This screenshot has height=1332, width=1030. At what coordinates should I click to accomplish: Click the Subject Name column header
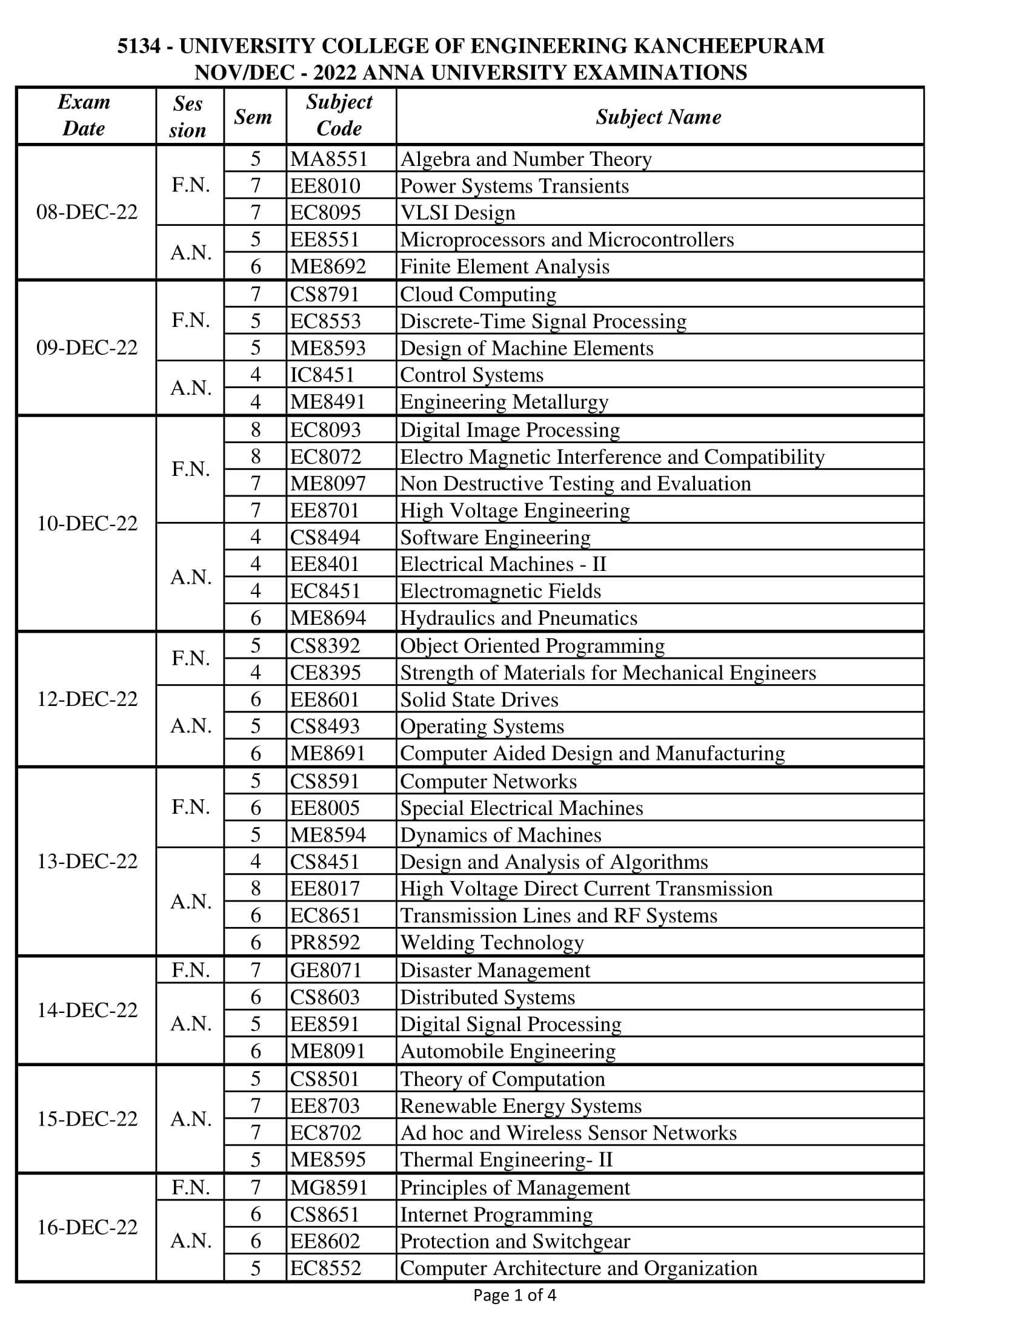tap(659, 116)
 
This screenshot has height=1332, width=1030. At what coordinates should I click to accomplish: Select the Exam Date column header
tap(84, 115)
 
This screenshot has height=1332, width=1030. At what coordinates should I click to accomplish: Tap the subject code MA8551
tap(329, 159)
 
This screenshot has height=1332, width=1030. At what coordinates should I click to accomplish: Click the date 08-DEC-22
tap(87, 213)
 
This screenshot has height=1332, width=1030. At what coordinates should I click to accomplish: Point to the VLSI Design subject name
tap(457, 213)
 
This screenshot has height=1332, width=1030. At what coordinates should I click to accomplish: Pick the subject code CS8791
tap(325, 295)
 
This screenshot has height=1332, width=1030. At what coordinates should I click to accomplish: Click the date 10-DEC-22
tap(87, 523)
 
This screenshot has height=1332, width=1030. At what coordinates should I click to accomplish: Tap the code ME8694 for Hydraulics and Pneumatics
tap(328, 618)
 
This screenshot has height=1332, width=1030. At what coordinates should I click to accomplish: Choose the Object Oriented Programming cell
tap(532, 646)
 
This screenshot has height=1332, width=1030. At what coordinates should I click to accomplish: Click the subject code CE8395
tap(325, 673)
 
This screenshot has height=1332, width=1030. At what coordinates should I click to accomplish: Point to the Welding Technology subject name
tap(492, 942)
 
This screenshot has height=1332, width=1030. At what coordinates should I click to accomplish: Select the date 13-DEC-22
tap(87, 861)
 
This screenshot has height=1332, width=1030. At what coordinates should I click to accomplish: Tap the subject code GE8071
tap(326, 971)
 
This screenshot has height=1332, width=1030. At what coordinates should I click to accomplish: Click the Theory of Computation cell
tap(502, 1079)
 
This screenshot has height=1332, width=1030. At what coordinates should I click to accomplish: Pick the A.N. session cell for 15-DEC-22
tap(191, 1119)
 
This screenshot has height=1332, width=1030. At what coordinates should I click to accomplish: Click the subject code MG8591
tap(329, 1187)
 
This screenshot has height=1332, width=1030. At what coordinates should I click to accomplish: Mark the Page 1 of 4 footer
tap(514, 1295)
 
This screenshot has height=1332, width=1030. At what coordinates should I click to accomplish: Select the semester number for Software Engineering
tap(256, 537)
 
